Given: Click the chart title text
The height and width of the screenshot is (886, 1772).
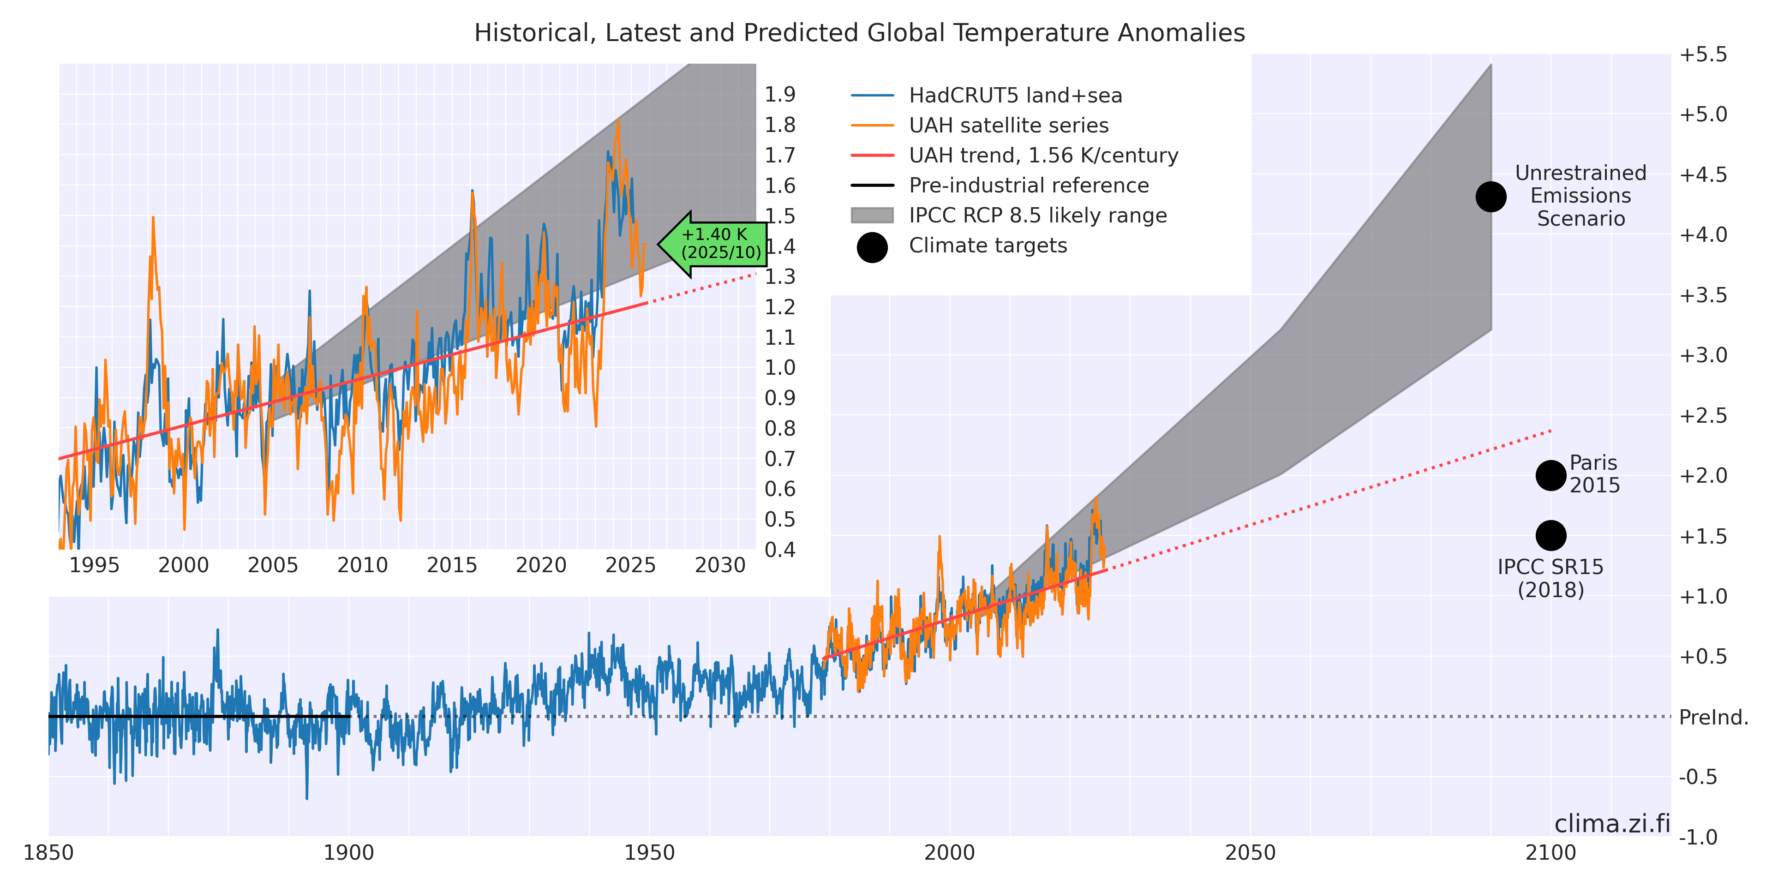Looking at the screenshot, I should point(859,33).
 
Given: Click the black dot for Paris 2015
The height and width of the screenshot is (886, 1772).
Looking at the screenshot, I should point(1550,475).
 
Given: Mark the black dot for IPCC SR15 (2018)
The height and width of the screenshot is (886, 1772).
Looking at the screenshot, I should point(1550,535).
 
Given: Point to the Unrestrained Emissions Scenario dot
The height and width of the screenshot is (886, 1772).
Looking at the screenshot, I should point(1491,197).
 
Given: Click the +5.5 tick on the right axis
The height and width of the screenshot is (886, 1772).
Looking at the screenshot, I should point(1702,54).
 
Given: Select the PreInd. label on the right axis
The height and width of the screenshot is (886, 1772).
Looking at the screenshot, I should point(1713,718).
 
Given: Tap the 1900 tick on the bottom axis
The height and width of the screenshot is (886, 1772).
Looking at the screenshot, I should point(349,853).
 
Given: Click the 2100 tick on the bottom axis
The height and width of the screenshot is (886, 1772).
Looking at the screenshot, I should point(1550,853).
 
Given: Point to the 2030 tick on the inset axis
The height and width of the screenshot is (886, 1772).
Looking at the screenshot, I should point(719,565).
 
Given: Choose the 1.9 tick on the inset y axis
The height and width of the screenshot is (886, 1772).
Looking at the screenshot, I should point(779,94).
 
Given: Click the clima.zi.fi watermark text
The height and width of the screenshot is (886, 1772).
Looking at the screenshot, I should point(1612,823).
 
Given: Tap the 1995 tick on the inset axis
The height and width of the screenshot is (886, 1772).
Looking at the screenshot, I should point(94,565).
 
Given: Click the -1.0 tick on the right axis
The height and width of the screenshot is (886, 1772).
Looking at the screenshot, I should point(1698,837).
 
